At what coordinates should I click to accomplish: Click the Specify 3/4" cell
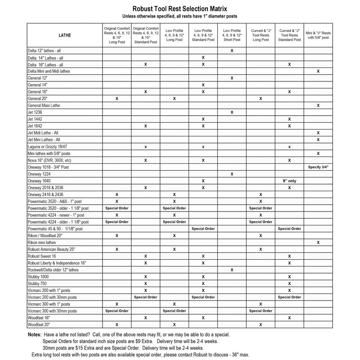(318, 167)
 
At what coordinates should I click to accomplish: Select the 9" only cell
(289, 180)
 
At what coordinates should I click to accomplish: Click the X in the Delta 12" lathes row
(231, 51)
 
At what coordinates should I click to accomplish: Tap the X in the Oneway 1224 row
(231, 174)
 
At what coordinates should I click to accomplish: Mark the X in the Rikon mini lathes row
(318, 243)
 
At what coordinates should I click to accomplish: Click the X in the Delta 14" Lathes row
(203, 58)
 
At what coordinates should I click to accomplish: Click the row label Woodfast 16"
(40, 318)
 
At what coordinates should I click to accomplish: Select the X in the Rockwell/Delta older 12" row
(231, 270)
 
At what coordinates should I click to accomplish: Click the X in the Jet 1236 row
(231, 112)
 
